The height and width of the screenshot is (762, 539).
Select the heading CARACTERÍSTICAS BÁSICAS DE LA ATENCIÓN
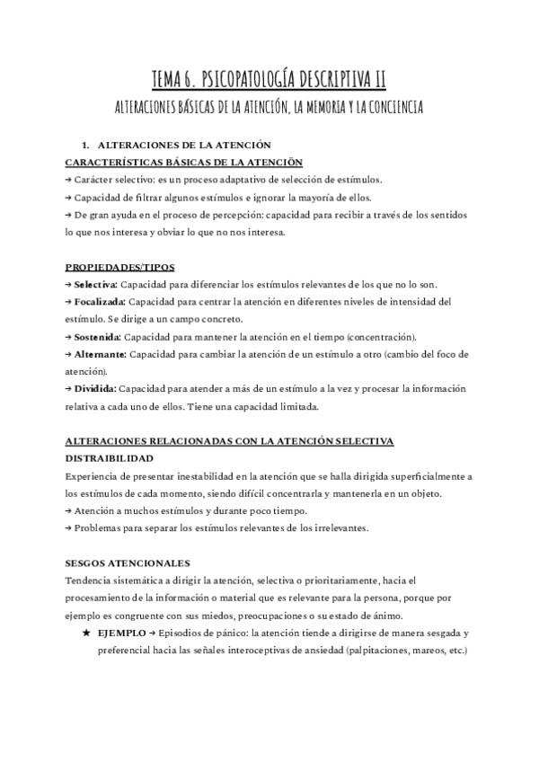tap(184, 162)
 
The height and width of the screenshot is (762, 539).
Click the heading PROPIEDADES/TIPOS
tap(120, 267)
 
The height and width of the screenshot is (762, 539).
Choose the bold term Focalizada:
tap(100, 301)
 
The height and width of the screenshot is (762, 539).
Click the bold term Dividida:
tap(93, 389)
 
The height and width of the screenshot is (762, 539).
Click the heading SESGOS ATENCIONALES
tap(128, 563)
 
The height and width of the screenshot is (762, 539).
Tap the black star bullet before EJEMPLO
tap(85, 633)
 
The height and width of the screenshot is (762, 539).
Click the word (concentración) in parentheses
tap(376, 336)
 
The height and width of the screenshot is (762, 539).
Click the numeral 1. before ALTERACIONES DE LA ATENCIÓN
tap(85, 145)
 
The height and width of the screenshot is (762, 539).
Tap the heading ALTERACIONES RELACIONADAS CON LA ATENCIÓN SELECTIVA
tap(229, 441)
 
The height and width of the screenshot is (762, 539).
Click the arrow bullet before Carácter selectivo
tap(69, 180)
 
